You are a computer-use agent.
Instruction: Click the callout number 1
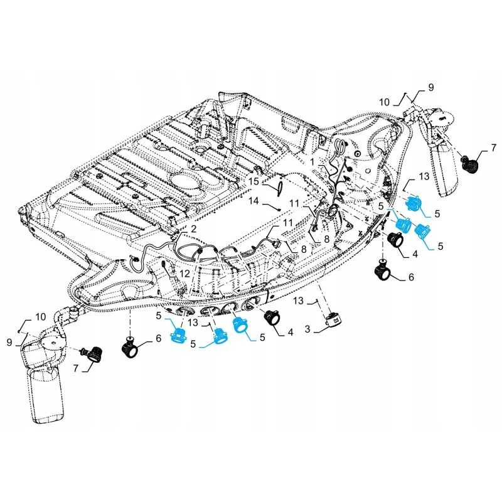(x=311, y=161)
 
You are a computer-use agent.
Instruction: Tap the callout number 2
(x=194, y=229)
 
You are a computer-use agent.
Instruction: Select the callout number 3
(x=308, y=329)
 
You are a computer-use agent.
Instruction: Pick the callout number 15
(x=253, y=181)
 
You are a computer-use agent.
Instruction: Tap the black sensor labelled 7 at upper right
(x=469, y=164)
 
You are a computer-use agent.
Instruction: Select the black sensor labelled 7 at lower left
(x=94, y=355)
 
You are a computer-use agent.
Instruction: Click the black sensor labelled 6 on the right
(x=383, y=271)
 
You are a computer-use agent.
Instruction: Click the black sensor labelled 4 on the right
(x=397, y=240)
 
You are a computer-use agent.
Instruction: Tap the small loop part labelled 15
(x=280, y=186)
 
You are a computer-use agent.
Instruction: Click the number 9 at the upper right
(x=431, y=87)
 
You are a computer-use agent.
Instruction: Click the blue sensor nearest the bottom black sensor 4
(x=240, y=324)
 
